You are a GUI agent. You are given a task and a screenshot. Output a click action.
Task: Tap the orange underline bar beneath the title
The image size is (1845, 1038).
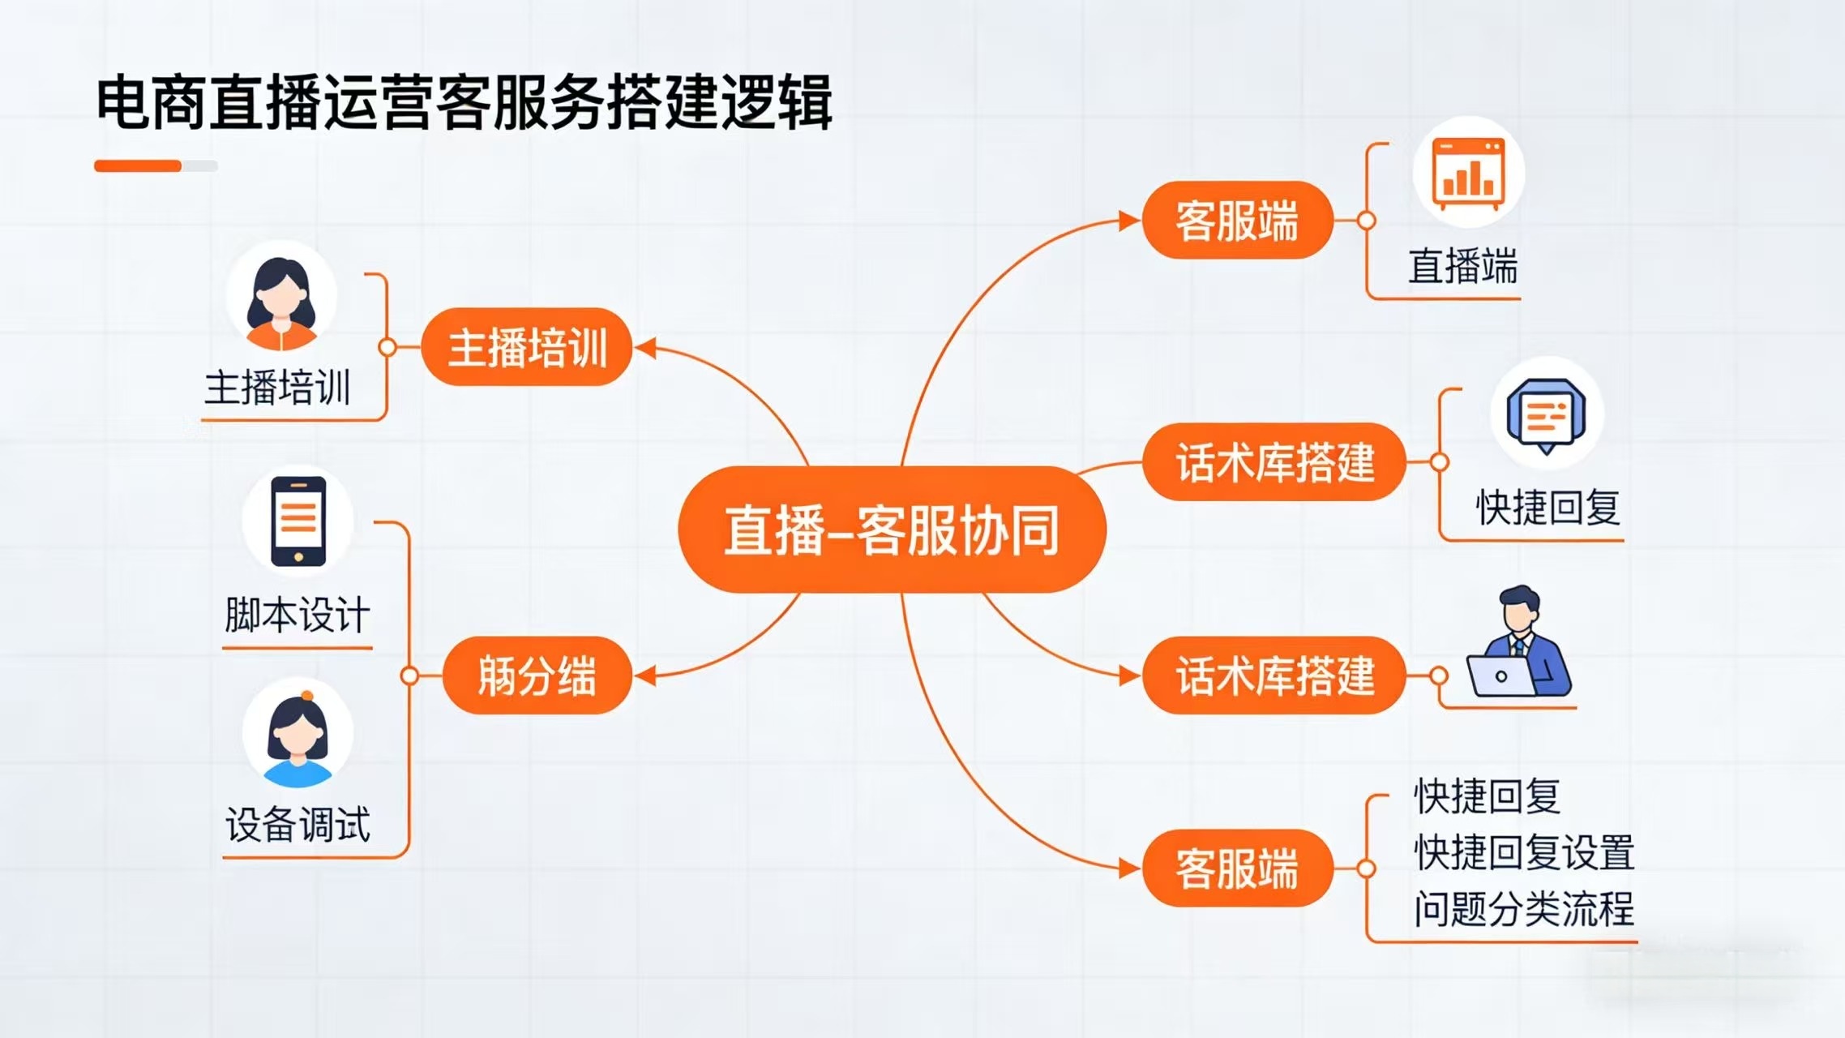(138, 166)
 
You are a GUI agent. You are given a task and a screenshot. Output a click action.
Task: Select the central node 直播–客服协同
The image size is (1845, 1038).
(892, 530)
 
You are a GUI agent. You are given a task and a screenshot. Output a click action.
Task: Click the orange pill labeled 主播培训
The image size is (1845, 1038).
(527, 347)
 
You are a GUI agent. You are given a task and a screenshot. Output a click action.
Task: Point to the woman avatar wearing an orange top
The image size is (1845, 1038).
(280, 300)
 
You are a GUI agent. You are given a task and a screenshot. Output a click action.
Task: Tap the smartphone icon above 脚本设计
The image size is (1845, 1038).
(298, 521)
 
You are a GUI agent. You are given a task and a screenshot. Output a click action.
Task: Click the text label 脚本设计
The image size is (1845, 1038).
(298, 615)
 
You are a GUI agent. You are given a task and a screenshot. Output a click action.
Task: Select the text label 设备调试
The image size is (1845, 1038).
(298, 825)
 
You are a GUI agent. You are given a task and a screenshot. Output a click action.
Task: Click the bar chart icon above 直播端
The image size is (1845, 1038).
(1468, 172)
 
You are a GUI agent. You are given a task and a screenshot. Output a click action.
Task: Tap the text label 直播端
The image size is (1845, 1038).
(1462, 266)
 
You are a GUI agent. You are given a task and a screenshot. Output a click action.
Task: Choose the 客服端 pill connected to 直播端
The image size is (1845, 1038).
(1237, 221)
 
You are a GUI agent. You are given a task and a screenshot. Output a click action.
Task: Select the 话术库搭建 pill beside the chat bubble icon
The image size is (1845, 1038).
(1274, 462)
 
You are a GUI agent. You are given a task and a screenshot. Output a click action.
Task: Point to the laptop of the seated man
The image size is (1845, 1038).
(1501, 676)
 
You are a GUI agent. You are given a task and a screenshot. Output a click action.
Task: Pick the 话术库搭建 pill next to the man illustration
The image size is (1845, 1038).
(1274, 676)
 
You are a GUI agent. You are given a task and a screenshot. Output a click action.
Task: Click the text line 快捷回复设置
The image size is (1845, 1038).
(1524, 852)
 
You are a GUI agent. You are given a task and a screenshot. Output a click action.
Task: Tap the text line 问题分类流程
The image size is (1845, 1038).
(1524, 908)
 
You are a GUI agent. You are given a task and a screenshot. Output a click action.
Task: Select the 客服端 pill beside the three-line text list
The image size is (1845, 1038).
(1237, 869)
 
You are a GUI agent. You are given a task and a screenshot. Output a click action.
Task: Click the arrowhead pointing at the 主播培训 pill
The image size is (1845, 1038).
(645, 349)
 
